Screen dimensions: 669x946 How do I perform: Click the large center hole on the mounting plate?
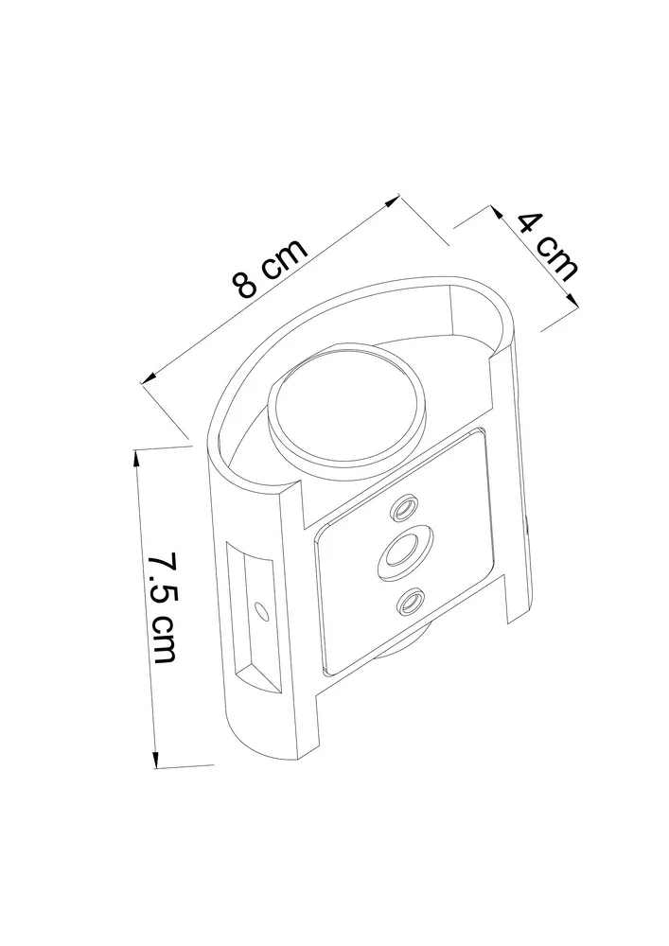[x=405, y=548]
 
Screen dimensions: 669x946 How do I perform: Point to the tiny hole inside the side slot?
[x=260, y=611]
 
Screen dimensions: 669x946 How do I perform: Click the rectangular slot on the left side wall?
[x=254, y=616]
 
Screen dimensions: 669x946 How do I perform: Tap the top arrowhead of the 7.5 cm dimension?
[x=136, y=457]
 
